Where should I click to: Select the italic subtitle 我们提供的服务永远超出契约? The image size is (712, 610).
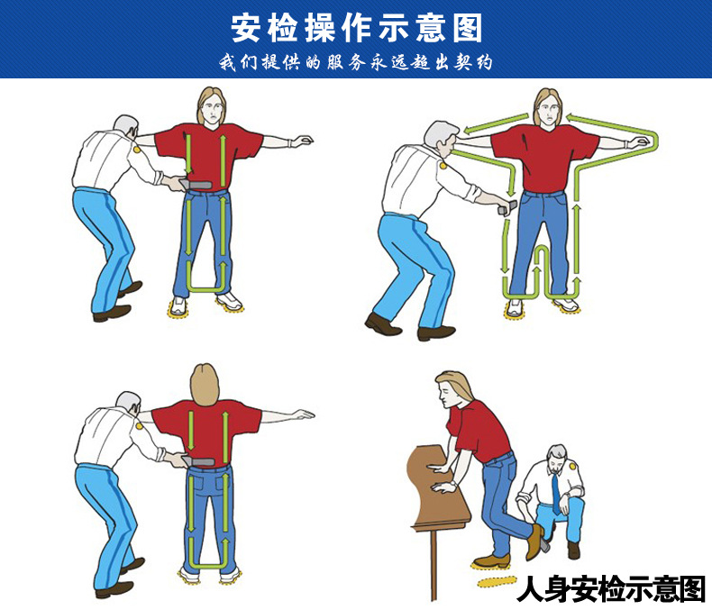tap(356, 63)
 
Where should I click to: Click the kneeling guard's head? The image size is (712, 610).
tap(558, 457)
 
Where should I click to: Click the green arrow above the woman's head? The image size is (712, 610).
tap(546, 115)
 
